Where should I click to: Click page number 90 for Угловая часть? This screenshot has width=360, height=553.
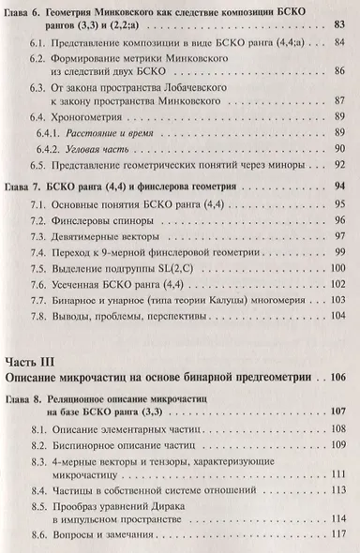340,182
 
